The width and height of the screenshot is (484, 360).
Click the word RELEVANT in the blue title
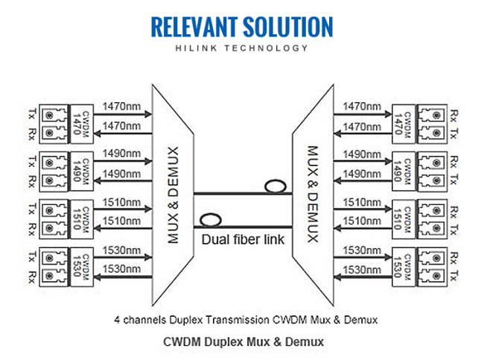(194, 27)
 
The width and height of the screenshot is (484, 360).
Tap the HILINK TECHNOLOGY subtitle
(242, 48)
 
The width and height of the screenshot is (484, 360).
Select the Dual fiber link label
(243, 239)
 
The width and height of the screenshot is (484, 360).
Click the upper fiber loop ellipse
(276, 186)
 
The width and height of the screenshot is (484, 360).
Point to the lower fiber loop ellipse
(211, 220)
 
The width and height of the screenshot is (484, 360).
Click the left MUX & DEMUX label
(173, 195)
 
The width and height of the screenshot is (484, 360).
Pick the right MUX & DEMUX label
(313, 194)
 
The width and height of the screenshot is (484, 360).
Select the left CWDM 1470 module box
(82, 124)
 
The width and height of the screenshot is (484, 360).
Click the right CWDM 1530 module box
(404, 268)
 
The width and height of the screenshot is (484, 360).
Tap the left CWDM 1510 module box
(82, 219)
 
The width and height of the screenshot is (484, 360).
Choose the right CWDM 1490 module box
(404, 171)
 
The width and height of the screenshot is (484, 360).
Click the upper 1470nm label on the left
(121, 107)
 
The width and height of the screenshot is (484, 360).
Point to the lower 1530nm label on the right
(362, 270)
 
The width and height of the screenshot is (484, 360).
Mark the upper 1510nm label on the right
(362, 203)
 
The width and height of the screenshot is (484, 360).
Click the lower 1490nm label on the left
(121, 174)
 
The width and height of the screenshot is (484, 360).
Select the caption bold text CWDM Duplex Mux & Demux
(243, 342)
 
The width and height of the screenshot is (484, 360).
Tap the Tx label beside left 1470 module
(32, 114)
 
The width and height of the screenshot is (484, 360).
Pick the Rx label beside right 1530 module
(453, 258)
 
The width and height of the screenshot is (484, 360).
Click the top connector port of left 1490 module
(49, 162)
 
